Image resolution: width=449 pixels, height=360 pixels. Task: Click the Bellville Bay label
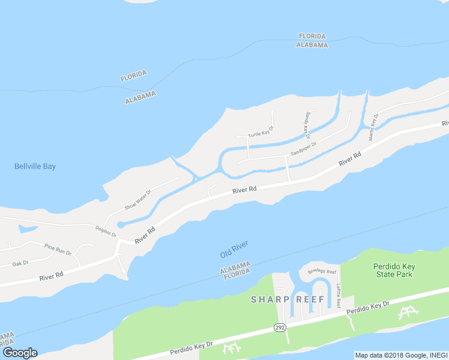point(35,166)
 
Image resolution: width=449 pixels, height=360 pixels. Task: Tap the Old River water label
point(234,249)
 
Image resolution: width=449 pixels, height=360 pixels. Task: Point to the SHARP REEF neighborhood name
point(288,299)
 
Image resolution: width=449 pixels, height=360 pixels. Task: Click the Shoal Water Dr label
point(138,199)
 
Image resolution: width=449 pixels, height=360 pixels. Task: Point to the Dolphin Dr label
point(106,230)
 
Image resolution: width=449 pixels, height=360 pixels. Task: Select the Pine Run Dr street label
point(58,248)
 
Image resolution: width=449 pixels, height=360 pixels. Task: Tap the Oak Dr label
point(20,263)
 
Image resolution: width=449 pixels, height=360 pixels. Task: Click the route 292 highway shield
point(280,328)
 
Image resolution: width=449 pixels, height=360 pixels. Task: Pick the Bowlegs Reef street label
point(322,271)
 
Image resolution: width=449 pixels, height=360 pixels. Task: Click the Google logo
point(19,353)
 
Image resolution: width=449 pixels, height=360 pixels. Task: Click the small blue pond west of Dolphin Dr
point(27,229)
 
